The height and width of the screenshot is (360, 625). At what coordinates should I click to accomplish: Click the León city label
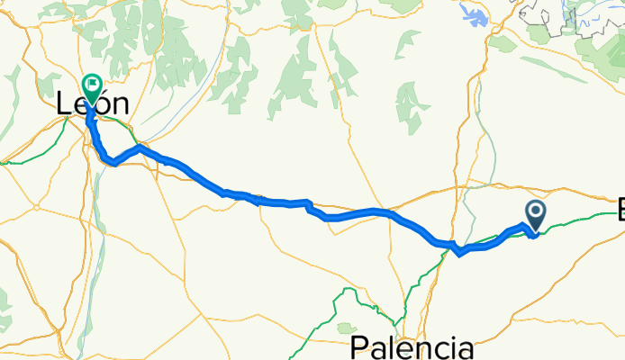tap(92, 103)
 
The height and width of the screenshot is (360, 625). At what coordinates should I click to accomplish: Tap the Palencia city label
tap(412, 346)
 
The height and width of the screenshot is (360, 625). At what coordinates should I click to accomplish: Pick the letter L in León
tap(63, 103)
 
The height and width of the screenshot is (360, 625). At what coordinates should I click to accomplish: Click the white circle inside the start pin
tap(535, 212)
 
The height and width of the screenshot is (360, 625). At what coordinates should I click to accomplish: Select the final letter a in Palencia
tap(465, 348)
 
